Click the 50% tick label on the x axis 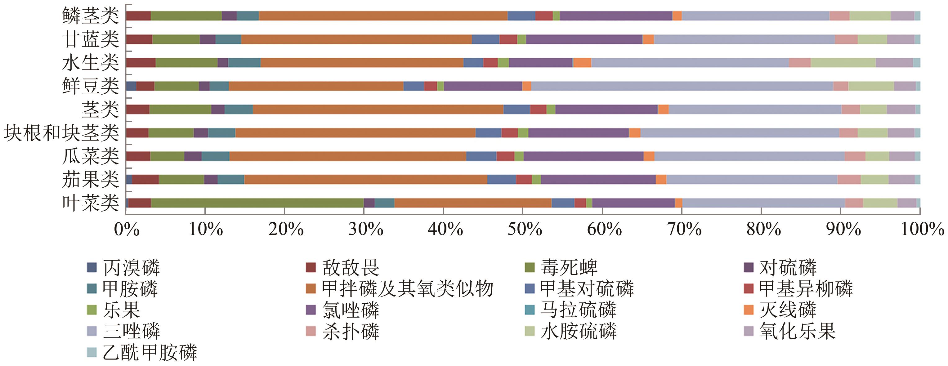[x=525, y=229]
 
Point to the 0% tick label [x=127, y=229]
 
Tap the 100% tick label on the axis [x=922, y=229]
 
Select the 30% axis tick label [x=365, y=229]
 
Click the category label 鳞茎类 [x=91, y=16]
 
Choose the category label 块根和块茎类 [x=61, y=133]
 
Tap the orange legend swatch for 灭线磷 [x=749, y=310]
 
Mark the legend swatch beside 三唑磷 [x=92, y=331]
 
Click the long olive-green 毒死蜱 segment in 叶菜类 [x=257, y=203]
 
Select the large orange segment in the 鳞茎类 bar [x=383, y=16]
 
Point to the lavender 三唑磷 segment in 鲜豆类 [x=682, y=86]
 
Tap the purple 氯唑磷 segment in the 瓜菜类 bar [x=583, y=156]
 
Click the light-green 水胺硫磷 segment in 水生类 [x=843, y=63]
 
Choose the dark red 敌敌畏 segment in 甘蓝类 [x=139, y=39]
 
